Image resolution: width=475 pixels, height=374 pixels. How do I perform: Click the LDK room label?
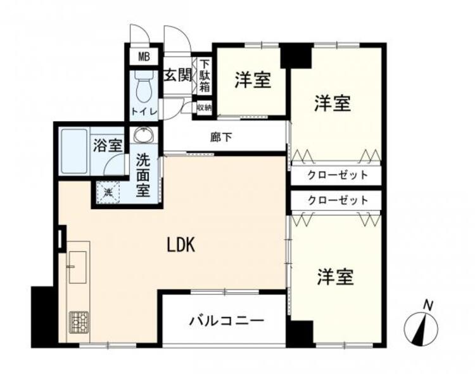183,244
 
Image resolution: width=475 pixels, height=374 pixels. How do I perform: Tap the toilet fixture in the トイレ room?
142,89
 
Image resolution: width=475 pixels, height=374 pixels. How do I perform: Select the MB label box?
144,56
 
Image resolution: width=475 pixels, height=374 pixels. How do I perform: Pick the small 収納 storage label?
204,107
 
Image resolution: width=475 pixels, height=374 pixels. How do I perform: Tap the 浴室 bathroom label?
107,145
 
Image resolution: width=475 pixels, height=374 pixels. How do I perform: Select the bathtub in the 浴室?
73,152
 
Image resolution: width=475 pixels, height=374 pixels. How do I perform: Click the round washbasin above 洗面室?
144,137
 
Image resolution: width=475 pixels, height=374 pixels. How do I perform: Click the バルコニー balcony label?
226,320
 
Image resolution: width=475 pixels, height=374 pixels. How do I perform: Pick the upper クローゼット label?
338,175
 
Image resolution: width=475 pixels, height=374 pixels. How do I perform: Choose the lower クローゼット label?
338,200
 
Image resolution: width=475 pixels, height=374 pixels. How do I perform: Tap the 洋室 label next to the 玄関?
253,80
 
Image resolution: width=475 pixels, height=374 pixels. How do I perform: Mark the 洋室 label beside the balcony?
335,276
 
